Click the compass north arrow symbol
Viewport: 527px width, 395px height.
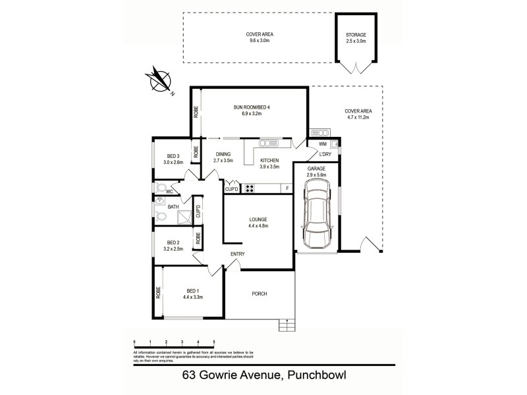tap(158, 81)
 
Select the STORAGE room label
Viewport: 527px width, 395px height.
tap(356, 35)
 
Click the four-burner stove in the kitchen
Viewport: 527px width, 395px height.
tap(250, 189)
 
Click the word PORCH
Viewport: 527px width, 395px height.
tap(259, 294)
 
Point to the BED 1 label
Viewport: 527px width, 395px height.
tap(192, 290)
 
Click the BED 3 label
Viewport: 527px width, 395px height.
tap(173, 156)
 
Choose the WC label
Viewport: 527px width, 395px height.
tap(169, 192)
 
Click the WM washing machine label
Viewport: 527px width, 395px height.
tap(322, 144)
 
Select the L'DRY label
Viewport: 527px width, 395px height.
tap(324, 155)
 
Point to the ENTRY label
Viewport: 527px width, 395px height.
tap(238, 254)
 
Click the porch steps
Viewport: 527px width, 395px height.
tap(287, 324)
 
